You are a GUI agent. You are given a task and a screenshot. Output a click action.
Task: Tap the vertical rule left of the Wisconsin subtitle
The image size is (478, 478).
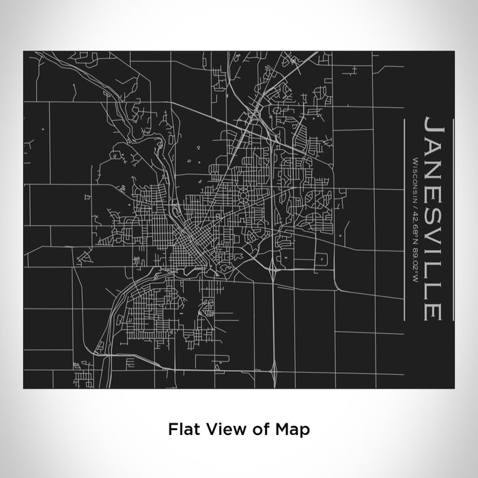pyautogui.click(x=406, y=219)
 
